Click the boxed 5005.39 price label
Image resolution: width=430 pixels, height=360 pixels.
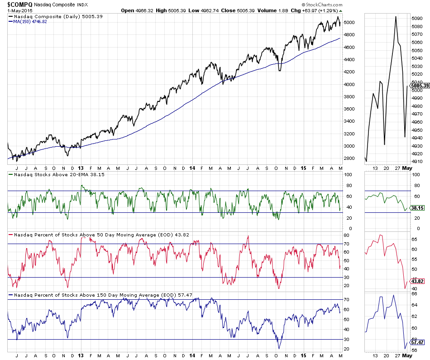(x=419, y=85)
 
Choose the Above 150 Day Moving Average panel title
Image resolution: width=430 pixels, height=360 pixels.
(x=103, y=295)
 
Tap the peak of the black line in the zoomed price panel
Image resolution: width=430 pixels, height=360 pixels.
(x=396, y=17)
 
